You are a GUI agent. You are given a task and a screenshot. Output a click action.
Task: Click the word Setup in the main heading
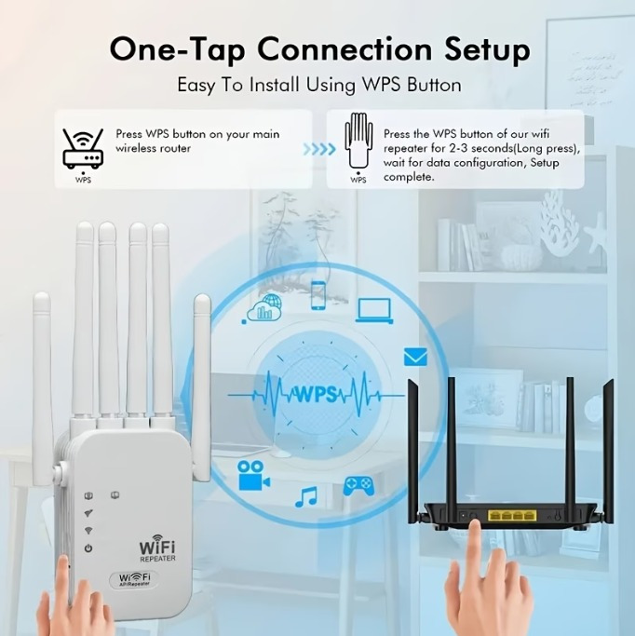point(487,50)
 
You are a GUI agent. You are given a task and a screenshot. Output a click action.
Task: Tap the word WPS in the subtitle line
point(381,85)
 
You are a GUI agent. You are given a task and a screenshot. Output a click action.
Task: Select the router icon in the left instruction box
point(83,148)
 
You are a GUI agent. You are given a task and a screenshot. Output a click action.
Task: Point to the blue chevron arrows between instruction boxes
point(319,149)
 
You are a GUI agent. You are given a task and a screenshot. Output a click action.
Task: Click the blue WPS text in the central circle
point(317,394)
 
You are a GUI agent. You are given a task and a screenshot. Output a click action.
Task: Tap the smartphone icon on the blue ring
point(318,296)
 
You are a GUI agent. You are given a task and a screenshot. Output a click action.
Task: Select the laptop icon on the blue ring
point(374,311)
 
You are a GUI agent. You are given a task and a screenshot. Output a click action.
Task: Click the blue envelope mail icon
point(415,357)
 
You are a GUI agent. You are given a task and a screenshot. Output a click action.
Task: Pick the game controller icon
point(358,486)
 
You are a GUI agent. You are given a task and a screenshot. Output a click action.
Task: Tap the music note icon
point(306,497)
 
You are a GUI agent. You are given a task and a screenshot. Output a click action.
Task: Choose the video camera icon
point(253,476)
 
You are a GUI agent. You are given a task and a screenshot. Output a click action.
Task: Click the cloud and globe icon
point(263,308)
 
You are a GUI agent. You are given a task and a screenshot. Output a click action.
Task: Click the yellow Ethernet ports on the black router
point(512,516)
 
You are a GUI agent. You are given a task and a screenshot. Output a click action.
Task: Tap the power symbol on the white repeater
point(88,548)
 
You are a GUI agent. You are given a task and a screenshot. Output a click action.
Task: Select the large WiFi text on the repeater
point(157,547)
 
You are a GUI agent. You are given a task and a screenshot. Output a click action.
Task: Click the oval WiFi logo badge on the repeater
point(134,579)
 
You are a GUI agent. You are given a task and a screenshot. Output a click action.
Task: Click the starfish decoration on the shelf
point(596,237)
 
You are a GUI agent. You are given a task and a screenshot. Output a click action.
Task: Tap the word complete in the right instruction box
point(409,177)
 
